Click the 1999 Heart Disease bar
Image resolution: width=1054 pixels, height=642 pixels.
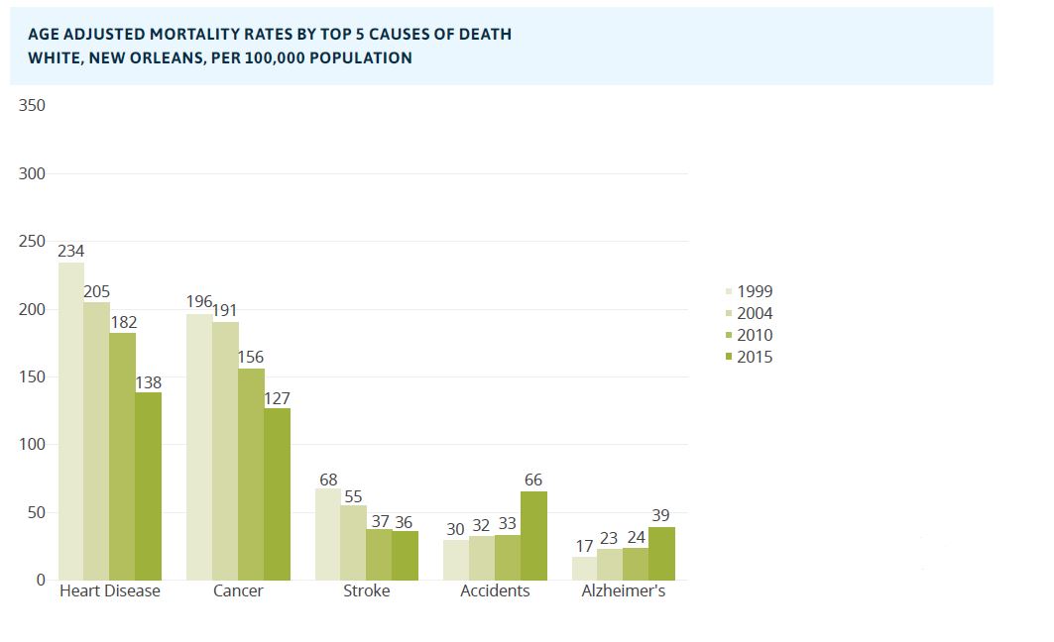click(70, 421)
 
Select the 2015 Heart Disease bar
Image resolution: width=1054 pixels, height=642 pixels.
click(148, 485)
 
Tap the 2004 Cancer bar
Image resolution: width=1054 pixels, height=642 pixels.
click(225, 451)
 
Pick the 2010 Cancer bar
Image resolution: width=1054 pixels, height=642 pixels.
click(251, 474)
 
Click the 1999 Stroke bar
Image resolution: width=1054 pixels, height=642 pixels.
click(327, 534)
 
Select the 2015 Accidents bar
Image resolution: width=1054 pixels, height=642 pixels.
click(533, 535)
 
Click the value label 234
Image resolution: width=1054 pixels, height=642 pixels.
click(70, 252)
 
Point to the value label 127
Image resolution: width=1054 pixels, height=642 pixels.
click(277, 398)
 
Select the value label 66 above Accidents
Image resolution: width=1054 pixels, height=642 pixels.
click(533, 481)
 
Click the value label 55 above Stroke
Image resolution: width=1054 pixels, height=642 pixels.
click(353, 495)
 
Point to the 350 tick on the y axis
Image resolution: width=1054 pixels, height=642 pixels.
click(33, 106)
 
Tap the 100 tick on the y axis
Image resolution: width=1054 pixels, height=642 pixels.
click(33, 445)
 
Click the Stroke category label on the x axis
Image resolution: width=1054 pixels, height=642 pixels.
click(366, 591)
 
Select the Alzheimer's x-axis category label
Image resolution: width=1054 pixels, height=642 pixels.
click(623, 591)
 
